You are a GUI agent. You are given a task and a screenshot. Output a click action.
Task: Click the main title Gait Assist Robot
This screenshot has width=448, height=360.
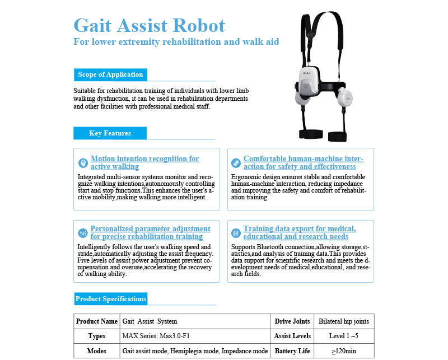(150, 25)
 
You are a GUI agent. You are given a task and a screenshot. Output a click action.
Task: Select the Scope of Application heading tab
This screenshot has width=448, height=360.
(110, 74)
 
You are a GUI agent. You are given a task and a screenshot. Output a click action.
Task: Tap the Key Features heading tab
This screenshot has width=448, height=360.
(110, 133)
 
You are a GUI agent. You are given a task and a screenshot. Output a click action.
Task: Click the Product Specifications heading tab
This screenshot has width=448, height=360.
(110, 299)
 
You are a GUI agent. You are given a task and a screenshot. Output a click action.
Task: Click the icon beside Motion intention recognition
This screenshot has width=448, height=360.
(82, 163)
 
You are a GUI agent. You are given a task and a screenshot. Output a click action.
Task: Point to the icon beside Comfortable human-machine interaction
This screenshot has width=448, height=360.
(236, 163)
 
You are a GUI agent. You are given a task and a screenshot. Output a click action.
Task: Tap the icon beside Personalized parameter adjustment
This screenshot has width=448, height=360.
(82, 232)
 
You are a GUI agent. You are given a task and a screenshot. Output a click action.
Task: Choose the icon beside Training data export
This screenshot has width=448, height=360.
(236, 232)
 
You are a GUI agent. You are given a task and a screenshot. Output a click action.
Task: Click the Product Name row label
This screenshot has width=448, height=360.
(97, 321)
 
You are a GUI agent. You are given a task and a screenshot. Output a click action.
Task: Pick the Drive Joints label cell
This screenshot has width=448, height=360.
(292, 321)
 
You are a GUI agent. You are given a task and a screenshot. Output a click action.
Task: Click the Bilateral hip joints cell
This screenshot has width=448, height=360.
(344, 321)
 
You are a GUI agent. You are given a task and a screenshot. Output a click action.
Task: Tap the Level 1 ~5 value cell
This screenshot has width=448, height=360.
(344, 336)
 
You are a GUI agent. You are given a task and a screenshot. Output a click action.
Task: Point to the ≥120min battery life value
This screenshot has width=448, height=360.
(344, 351)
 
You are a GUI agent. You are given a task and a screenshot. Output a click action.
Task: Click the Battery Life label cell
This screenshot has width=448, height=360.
(292, 351)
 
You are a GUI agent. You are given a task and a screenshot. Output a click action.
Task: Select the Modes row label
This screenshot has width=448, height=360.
(97, 351)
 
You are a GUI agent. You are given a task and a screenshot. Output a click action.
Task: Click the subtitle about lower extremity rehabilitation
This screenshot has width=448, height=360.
(176, 42)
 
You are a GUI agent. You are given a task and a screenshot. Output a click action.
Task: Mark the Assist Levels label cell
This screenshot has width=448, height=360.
(292, 336)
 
